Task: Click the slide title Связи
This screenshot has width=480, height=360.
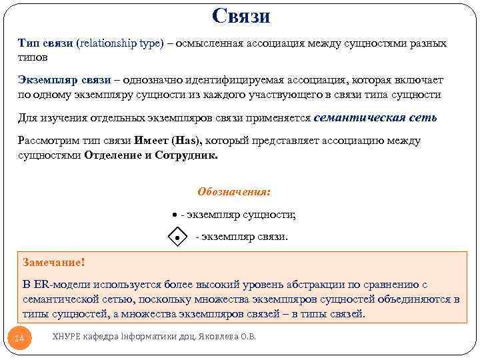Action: click(x=241, y=15)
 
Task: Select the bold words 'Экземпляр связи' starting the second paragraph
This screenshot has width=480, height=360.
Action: click(x=64, y=80)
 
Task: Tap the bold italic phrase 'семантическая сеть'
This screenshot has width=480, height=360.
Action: click(x=375, y=117)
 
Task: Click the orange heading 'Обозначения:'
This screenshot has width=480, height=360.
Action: click(x=234, y=191)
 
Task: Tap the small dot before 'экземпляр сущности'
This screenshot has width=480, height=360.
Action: click(x=173, y=215)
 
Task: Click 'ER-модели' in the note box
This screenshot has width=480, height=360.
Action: click(x=63, y=285)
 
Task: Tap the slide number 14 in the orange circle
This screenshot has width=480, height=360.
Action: click(x=19, y=339)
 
